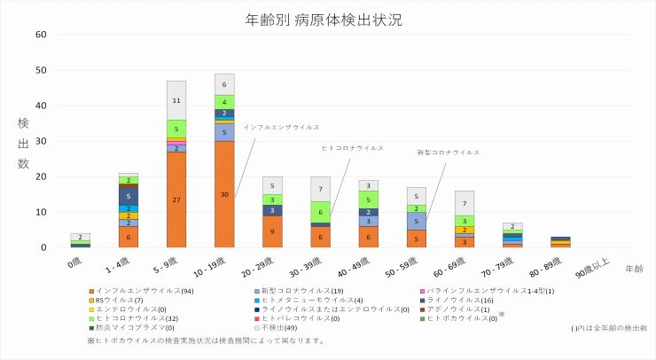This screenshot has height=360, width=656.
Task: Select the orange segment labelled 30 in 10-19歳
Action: click(x=224, y=194)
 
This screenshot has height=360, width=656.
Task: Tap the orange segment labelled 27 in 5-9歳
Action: click(x=176, y=200)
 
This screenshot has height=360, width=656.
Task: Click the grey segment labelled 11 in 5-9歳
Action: click(x=176, y=100)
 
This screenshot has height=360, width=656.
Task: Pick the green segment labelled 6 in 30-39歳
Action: click(x=320, y=212)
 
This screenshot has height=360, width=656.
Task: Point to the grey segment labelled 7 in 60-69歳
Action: click(x=465, y=203)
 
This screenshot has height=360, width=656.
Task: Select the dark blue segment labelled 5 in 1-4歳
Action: click(x=129, y=195)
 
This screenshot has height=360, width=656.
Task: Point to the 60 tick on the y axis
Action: click(x=41, y=35)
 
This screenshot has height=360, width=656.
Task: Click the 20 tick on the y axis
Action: click(x=41, y=176)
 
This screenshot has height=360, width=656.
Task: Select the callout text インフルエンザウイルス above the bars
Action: click(x=281, y=127)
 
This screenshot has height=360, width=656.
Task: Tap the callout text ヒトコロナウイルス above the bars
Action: click(x=353, y=148)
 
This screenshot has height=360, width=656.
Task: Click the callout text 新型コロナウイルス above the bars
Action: click(x=449, y=153)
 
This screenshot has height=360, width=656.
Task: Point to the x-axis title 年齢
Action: click(x=634, y=268)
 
